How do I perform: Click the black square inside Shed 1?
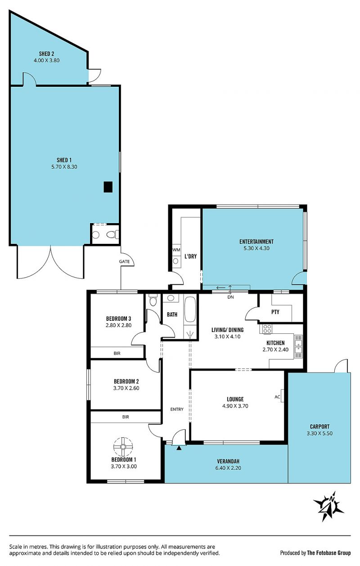point(108,187)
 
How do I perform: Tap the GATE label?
point(124,261)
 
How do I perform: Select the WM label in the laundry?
point(176,250)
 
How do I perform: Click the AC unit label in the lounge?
point(277,397)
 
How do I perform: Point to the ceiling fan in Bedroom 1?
point(123,447)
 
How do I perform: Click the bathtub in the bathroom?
point(190,310)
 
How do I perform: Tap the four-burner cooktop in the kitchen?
point(267,329)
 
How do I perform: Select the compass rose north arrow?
point(329,506)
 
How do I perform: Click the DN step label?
point(230,297)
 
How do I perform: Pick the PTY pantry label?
point(275,312)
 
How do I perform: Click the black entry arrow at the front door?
point(179,448)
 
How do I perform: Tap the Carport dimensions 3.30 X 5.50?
point(319,433)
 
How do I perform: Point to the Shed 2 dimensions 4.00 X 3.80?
point(46,60)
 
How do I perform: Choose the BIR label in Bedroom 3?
point(117,353)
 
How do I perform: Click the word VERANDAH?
point(228,461)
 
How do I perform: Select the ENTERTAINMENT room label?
point(256,242)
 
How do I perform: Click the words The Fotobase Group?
point(329,553)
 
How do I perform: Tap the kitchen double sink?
point(298,346)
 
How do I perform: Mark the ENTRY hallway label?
point(177,409)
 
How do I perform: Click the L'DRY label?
point(191,256)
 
